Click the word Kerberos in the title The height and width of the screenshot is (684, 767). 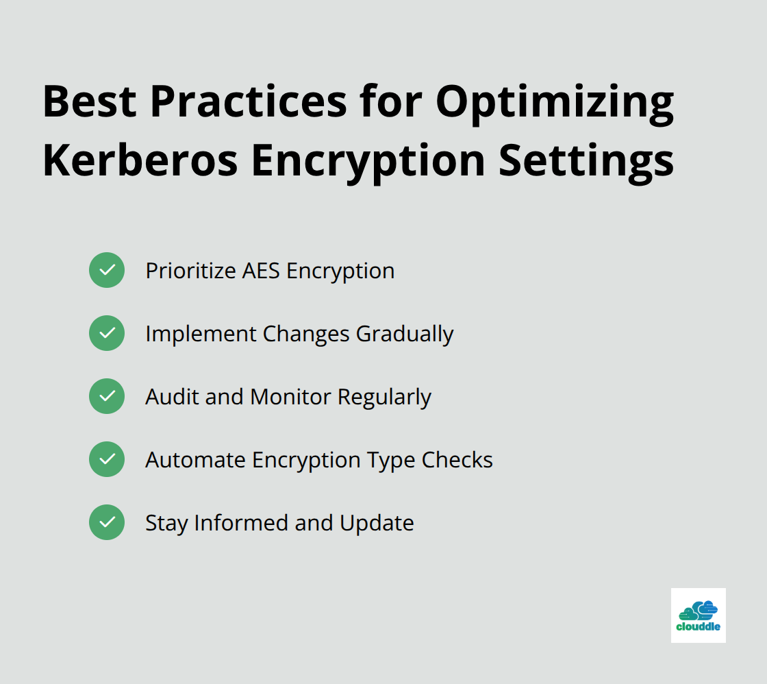pyautogui.click(x=140, y=160)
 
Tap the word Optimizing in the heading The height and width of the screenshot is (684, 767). pyautogui.click(x=555, y=104)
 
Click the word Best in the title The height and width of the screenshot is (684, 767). pyautogui.click(x=90, y=101)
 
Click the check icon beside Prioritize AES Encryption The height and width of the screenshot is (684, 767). pyautogui.click(x=107, y=270)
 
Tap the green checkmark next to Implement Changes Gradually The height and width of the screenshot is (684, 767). pyautogui.click(x=107, y=333)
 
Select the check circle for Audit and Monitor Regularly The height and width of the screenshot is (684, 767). pyautogui.click(x=107, y=396)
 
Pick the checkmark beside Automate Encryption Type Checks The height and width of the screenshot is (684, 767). pyautogui.click(x=107, y=459)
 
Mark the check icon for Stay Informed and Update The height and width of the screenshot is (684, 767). pyautogui.click(x=107, y=522)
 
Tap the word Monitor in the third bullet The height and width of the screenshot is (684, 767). pyautogui.click(x=290, y=397)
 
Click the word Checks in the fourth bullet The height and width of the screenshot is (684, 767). pyautogui.click(x=457, y=460)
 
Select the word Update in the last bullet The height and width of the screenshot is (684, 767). pyautogui.click(x=377, y=524)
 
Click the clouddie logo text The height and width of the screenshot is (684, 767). pyautogui.click(x=698, y=626)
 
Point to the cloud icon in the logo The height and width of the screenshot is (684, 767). pyautogui.click(x=698, y=611)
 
